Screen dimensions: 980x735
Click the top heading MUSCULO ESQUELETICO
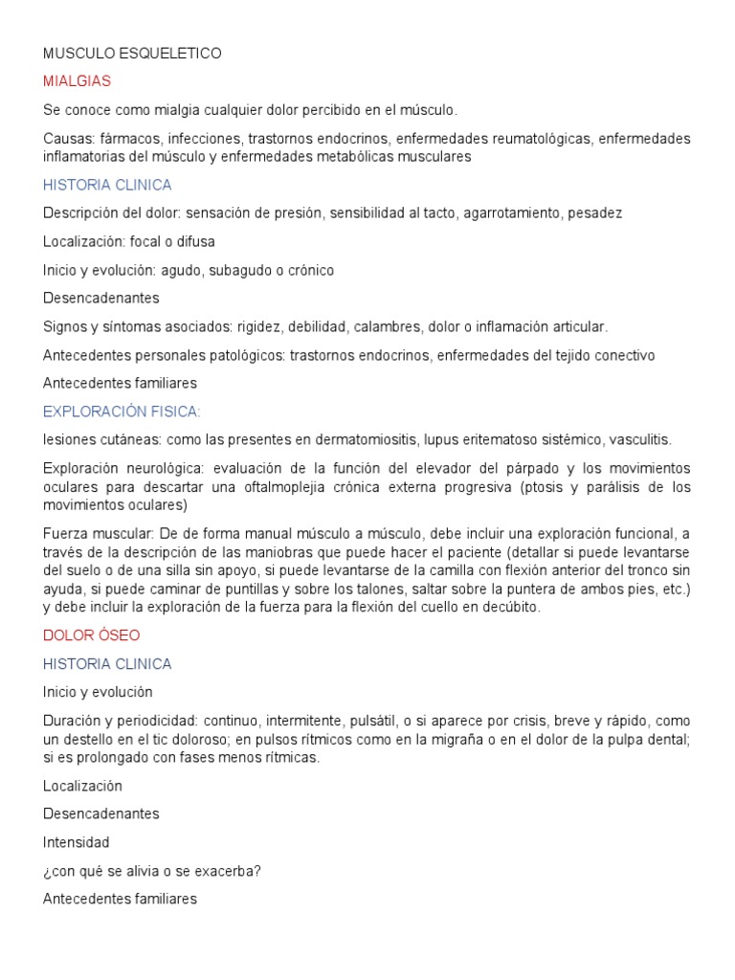(x=132, y=54)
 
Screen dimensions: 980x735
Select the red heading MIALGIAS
(x=77, y=81)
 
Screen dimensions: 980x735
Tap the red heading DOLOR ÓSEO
(x=92, y=635)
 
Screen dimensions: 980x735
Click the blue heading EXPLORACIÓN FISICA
(x=122, y=412)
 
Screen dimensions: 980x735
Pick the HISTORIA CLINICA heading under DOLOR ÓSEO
(x=107, y=663)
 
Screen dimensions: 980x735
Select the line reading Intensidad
(x=77, y=842)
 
